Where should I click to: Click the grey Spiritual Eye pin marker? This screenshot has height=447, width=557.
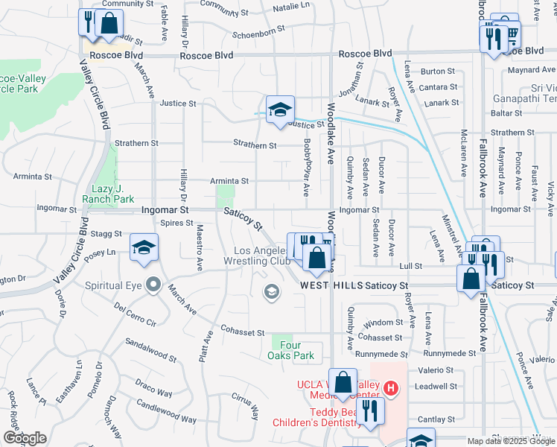[x=153, y=285]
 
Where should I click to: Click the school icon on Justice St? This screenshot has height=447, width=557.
[x=280, y=109]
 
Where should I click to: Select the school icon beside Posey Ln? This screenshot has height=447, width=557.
[x=144, y=247]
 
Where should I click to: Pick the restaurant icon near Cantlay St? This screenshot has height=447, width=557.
[x=369, y=409]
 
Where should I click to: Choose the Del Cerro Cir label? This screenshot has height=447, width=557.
[x=136, y=314]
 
